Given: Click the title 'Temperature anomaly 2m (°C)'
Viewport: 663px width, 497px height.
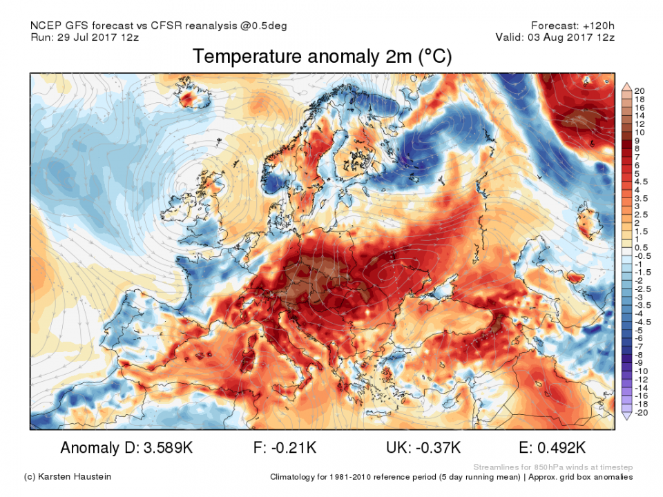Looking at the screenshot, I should point(322,57).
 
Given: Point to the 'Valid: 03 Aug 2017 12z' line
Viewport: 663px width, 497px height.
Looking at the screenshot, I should point(555,37).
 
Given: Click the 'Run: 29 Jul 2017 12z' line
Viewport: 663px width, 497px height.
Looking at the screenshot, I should point(85,37).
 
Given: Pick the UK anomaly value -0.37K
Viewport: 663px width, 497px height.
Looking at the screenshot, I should point(438,447).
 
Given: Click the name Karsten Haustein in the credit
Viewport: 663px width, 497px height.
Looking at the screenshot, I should point(77,476).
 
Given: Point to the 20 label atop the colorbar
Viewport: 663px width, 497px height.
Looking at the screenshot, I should point(640,91).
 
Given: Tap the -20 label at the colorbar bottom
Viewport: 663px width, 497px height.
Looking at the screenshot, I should point(641,412).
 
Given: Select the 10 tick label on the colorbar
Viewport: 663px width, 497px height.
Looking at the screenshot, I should point(640,132).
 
